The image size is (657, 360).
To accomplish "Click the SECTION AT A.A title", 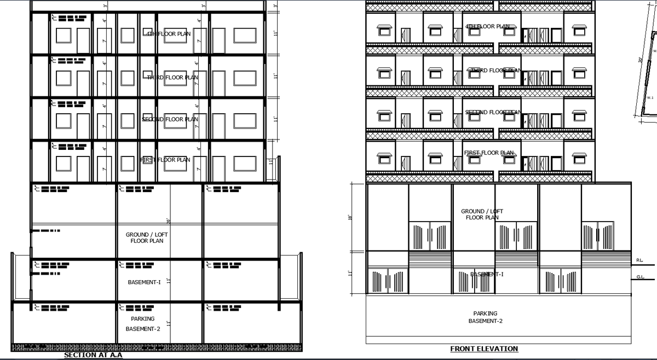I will point(93,355).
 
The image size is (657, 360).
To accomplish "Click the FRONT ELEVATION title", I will point(484,349).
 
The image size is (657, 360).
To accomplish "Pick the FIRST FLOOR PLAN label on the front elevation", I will point(489,153).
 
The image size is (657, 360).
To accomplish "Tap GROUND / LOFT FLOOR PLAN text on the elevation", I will point(482,214).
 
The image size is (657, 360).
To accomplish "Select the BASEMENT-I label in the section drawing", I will point(144,282).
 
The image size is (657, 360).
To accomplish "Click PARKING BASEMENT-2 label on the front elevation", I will point(485,317).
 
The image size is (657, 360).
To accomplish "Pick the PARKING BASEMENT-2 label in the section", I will point(143,323).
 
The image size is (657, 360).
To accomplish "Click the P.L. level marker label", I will point(640,260).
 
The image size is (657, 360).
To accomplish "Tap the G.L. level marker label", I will point(640,277).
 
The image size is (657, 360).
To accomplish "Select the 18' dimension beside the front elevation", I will point(350,217).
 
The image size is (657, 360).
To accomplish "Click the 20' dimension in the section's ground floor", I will point(169,221).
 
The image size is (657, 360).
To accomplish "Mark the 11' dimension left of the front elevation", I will point(350,272).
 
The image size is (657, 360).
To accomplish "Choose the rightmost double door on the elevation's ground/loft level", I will point(597,236).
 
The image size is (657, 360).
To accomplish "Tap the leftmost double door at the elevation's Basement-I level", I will point(388,281).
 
